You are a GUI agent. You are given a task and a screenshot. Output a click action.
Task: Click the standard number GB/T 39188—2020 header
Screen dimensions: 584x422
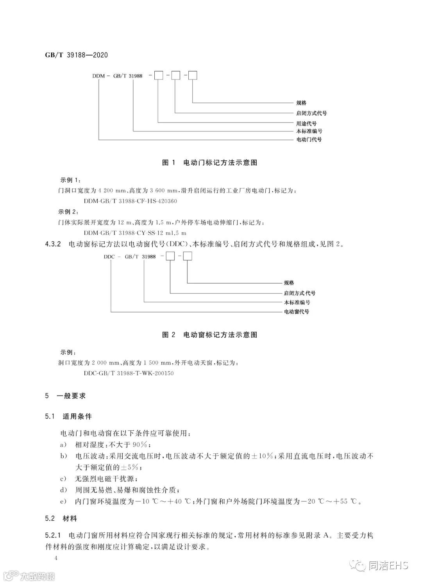[x=77, y=55]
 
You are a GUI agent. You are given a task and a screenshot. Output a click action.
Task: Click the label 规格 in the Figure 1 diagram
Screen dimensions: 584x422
[x=301, y=103]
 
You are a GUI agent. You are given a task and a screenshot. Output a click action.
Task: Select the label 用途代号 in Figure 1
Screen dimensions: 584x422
[x=306, y=123]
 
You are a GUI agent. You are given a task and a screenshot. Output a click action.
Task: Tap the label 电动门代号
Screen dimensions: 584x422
[x=309, y=139]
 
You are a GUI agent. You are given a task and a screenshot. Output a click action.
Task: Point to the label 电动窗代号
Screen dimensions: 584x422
[x=296, y=312]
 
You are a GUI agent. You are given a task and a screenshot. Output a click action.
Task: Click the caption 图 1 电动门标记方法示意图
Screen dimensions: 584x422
[x=209, y=163]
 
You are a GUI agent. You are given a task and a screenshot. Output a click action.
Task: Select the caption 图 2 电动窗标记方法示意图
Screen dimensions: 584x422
[x=209, y=335]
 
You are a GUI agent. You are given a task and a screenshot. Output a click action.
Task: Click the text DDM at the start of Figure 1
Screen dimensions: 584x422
[x=98, y=75]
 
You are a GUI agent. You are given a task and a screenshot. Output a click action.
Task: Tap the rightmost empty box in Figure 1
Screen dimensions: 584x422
[x=193, y=75]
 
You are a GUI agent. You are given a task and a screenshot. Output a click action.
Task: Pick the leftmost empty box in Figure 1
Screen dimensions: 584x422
[x=158, y=75]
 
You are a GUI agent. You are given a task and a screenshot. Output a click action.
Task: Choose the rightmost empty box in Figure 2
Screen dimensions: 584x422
[x=188, y=257]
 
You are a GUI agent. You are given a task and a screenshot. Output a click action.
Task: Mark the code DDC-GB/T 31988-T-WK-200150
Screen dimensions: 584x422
[x=129, y=373]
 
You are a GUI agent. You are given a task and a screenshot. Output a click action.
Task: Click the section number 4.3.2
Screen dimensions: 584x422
[x=54, y=245]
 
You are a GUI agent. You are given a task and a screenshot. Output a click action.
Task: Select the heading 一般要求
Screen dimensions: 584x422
[x=71, y=396]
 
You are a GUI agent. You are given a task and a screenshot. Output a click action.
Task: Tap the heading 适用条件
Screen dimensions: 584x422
[x=77, y=417]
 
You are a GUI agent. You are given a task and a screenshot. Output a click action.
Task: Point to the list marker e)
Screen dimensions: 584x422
[x=61, y=501]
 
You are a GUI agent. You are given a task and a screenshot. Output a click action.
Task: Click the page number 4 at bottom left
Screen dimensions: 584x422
[x=56, y=558]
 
